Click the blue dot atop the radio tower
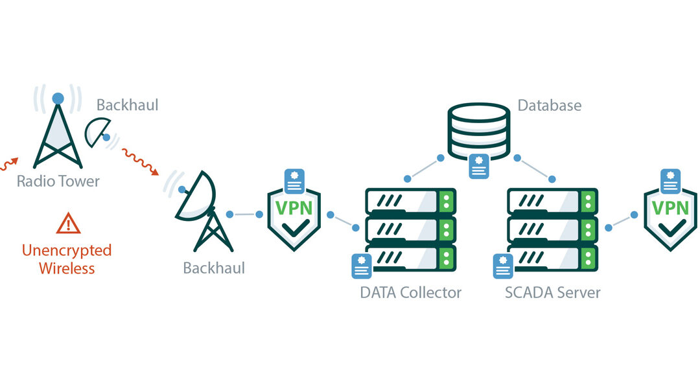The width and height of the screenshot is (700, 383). (58, 99)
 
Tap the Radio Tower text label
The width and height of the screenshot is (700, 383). (58, 181)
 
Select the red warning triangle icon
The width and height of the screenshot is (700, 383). (68, 223)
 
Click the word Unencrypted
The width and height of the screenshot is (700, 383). (67, 250)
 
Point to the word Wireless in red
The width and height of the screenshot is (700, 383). (67, 268)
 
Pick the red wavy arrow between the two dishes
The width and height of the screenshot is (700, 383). (141, 161)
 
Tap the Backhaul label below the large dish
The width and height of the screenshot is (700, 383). (214, 268)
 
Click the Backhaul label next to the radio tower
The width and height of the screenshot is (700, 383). (127, 105)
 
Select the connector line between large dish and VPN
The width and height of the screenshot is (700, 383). (244, 215)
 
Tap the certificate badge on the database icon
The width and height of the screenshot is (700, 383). (479, 166)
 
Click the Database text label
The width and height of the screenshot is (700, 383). (550, 106)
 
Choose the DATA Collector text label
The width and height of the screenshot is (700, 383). (411, 292)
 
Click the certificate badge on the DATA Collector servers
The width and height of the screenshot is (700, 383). (361, 266)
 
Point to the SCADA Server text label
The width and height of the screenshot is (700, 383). (553, 292)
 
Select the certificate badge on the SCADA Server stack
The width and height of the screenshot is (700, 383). (503, 266)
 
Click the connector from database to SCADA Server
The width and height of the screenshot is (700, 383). (535, 168)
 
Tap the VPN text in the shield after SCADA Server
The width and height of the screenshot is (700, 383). (671, 208)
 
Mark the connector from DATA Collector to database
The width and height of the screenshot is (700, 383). (424, 168)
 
